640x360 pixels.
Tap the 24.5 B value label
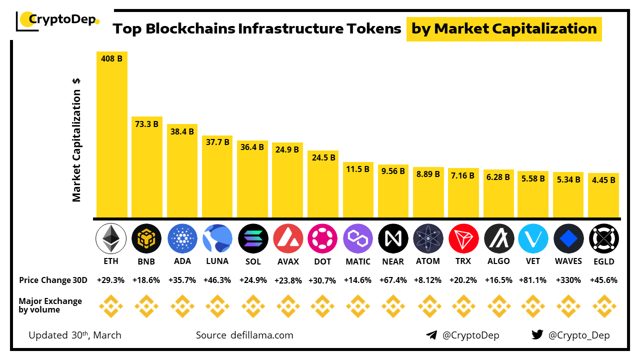click(x=322, y=157)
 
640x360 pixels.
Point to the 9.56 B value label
click(x=392, y=170)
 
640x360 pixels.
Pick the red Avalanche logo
click(x=287, y=238)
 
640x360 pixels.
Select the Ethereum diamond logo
click(x=110, y=238)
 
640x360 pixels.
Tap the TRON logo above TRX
click(x=463, y=238)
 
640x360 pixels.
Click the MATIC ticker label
click(x=358, y=261)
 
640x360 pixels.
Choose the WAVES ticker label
click(x=568, y=261)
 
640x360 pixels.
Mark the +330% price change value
click(x=568, y=280)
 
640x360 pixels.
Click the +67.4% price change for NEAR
click(x=393, y=280)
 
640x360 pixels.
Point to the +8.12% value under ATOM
click(x=428, y=280)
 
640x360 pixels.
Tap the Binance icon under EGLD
click(x=604, y=306)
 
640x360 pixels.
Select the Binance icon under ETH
click(x=110, y=306)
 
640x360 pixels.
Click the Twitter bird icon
click(x=537, y=335)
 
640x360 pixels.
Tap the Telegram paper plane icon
click(x=431, y=335)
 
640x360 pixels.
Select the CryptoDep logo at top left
click(x=58, y=20)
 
